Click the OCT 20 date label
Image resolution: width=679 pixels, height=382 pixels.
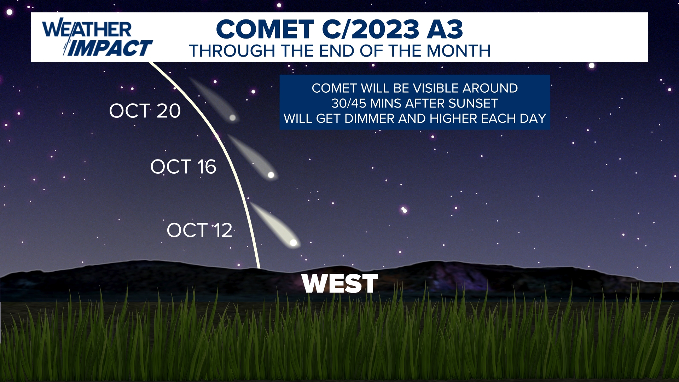pos(145,111)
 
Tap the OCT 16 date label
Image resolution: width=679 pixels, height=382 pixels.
pos(183,167)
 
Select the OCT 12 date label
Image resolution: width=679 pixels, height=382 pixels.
pos(199,230)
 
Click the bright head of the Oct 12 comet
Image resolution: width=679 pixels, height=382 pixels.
pos(293,243)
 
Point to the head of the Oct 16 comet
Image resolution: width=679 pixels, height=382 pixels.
pos(271,175)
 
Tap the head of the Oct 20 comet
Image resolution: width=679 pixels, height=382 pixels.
pos(232,117)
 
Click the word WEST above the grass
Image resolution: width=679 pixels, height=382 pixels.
pos(340,284)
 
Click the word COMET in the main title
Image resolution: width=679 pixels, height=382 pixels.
pos(265,29)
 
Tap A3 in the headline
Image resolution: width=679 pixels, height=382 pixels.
pos(445,29)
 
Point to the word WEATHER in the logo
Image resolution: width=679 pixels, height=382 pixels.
pos(87,29)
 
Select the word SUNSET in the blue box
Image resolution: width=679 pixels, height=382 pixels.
pos(473,103)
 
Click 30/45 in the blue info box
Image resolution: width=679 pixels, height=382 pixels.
pos(349,103)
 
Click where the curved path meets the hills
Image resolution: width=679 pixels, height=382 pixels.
pos(259,268)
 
